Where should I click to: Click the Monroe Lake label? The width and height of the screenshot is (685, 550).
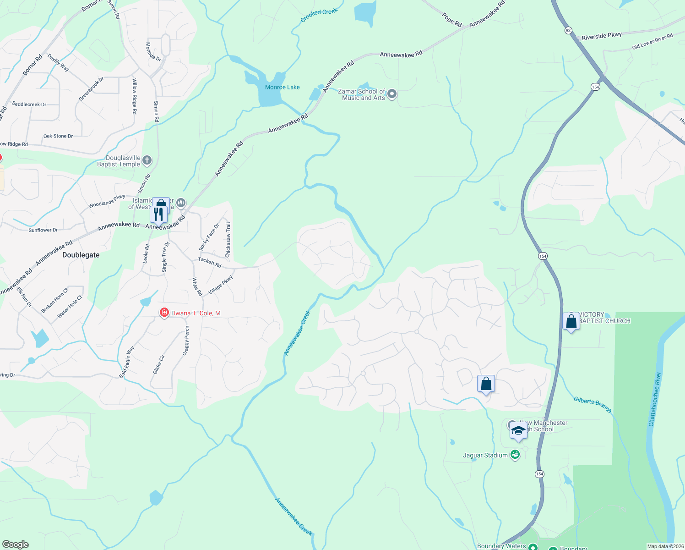tap(282, 87)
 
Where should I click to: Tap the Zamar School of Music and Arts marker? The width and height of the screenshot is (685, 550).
tap(392, 94)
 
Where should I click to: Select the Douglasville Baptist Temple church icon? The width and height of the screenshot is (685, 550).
tap(147, 160)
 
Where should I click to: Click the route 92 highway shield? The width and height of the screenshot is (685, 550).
tap(568, 30)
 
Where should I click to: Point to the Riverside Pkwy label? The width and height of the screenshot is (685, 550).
tap(602, 36)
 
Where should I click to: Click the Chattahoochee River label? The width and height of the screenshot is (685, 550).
tap(655, 399)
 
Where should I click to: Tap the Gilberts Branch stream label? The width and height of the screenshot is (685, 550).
tap(593, 404)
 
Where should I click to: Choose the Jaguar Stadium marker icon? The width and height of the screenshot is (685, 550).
tap(515, 455)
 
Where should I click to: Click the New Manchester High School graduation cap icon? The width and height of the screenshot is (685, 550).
tap(518, 431)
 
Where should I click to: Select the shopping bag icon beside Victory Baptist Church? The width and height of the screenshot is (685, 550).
tap(571, 321)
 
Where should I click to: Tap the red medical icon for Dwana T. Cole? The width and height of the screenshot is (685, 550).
tap(164, 313)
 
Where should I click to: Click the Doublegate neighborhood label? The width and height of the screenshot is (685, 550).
tap(81, 255)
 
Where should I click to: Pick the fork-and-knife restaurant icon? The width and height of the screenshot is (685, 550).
tap(158, 214)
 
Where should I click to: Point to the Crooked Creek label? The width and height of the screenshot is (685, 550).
tap(319, 15)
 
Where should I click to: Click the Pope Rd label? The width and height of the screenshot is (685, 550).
tap(452, 20)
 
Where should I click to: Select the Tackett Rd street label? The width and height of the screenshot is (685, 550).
tap(210, 262)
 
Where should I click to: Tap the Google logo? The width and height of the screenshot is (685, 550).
tap(16, 544)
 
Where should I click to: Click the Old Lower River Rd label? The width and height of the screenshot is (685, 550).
tap(652, 41)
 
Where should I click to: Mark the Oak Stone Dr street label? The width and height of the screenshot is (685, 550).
tap(58, 136)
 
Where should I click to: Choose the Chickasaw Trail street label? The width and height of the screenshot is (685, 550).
tap(228, 240)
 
